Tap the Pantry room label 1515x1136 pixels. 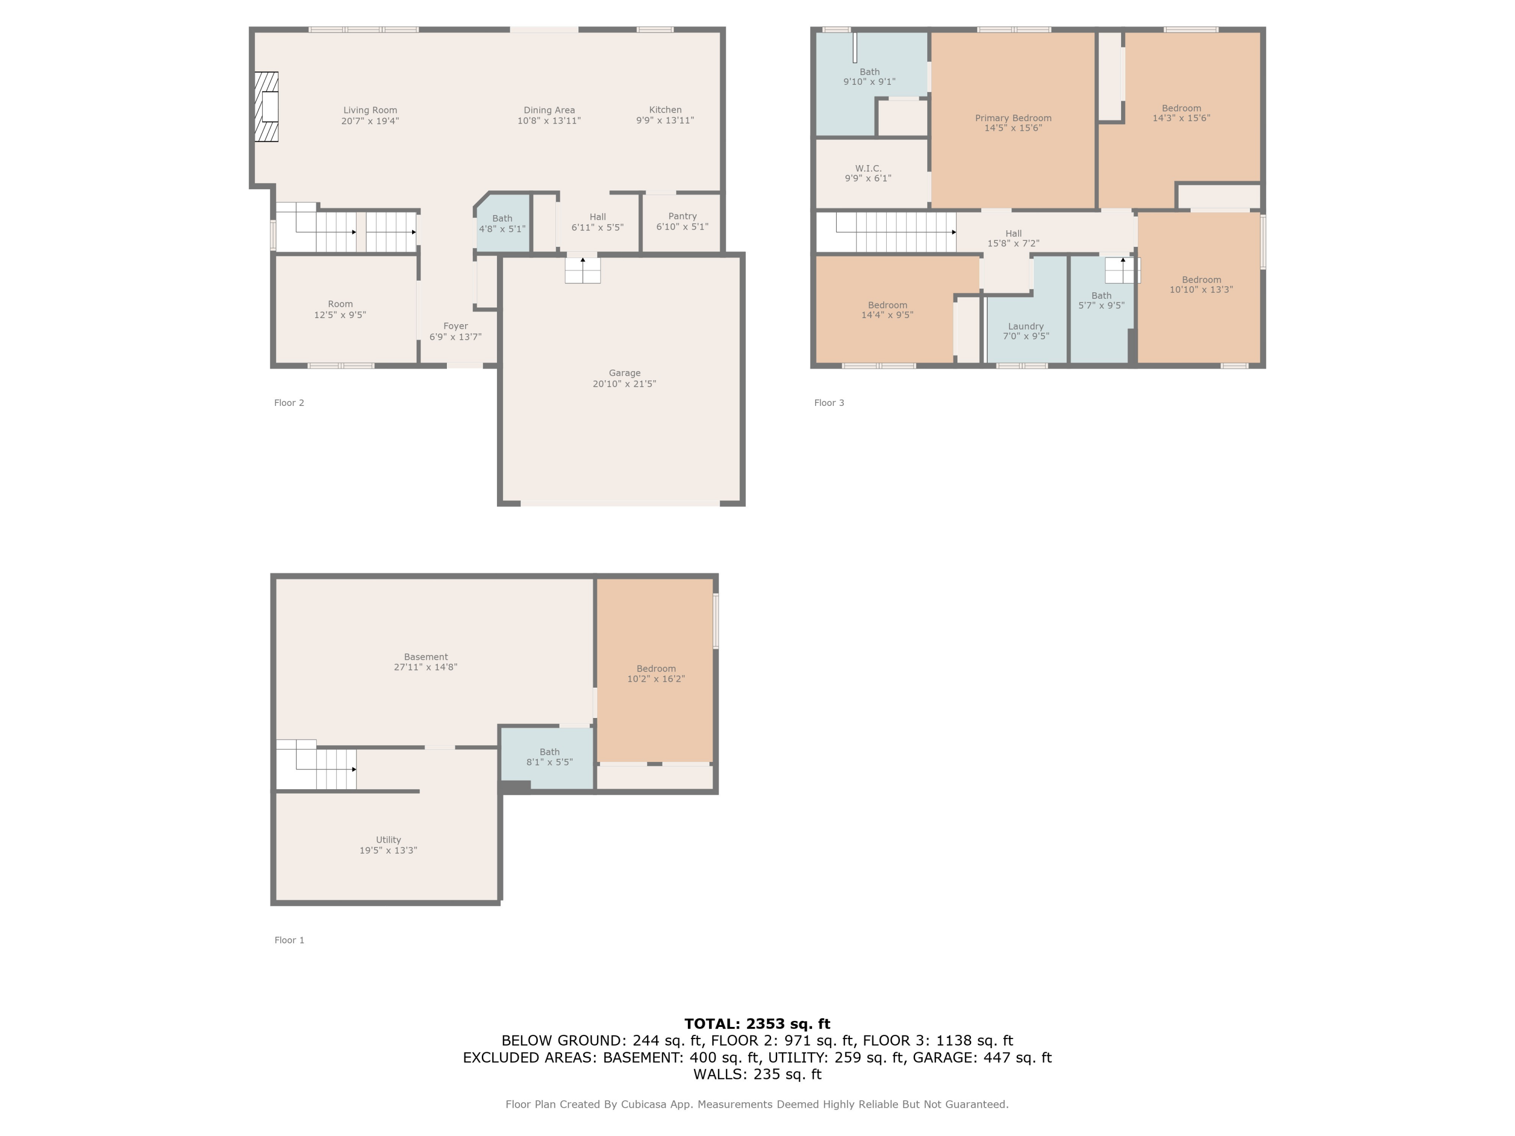(x=682, y=216)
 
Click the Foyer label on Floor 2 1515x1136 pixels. (x=456, y=326)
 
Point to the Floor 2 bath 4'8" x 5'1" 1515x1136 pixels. (x=502, y=224)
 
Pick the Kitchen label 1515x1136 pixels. (x=665, y=110)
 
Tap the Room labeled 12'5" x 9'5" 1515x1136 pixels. (x=340, y=309)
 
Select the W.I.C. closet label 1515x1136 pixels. (x=868, y=169)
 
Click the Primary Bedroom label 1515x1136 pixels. (x=1013, y=118)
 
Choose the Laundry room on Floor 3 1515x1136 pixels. (x=1025, y=331)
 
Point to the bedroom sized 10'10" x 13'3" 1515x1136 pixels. (x=1200, y=285)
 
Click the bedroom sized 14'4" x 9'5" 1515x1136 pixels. (x=887, y=310)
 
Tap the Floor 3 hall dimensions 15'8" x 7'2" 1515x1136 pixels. (x=1013, y=243)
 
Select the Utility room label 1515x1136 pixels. (x=388, y=840)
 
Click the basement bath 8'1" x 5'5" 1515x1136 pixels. (x=549, y=757)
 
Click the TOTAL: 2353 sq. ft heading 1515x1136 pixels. (x=757, y=1024)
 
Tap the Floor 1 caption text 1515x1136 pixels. (x=289, y=940)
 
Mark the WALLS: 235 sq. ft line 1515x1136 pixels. (x=757, y=1074)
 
